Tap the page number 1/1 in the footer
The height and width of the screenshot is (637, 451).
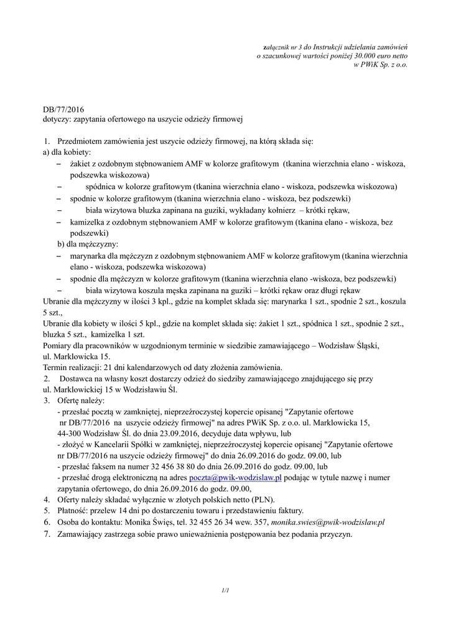coord(225,589)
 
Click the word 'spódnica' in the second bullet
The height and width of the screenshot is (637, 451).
coord(101,187)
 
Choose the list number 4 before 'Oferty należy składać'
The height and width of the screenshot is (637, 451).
coord(47,500)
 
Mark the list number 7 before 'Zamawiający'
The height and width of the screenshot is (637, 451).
coord(47,534)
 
